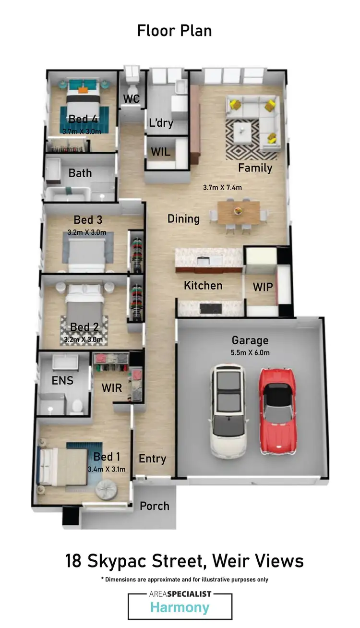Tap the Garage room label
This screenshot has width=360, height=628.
[x=250, y=340]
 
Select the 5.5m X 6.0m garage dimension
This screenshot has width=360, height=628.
[x=250, y=353]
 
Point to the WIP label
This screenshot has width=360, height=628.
[x=263, y=287]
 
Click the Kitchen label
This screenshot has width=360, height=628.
[x=203, y=286]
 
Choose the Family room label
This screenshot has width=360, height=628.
[x=255, y=168]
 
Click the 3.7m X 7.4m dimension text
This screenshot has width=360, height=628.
[x=222, y=187]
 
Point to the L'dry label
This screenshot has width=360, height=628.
[x=161, y=123]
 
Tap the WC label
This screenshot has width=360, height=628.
[x=131, y=99]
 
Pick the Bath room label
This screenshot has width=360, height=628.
[x=80, y=173]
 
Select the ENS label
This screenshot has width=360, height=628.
[x=62, y=381]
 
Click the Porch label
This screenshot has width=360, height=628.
[x=154, y=506]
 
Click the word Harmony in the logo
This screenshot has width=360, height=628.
[x=180, y=607]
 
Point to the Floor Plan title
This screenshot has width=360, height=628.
[x=174, y=31]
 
